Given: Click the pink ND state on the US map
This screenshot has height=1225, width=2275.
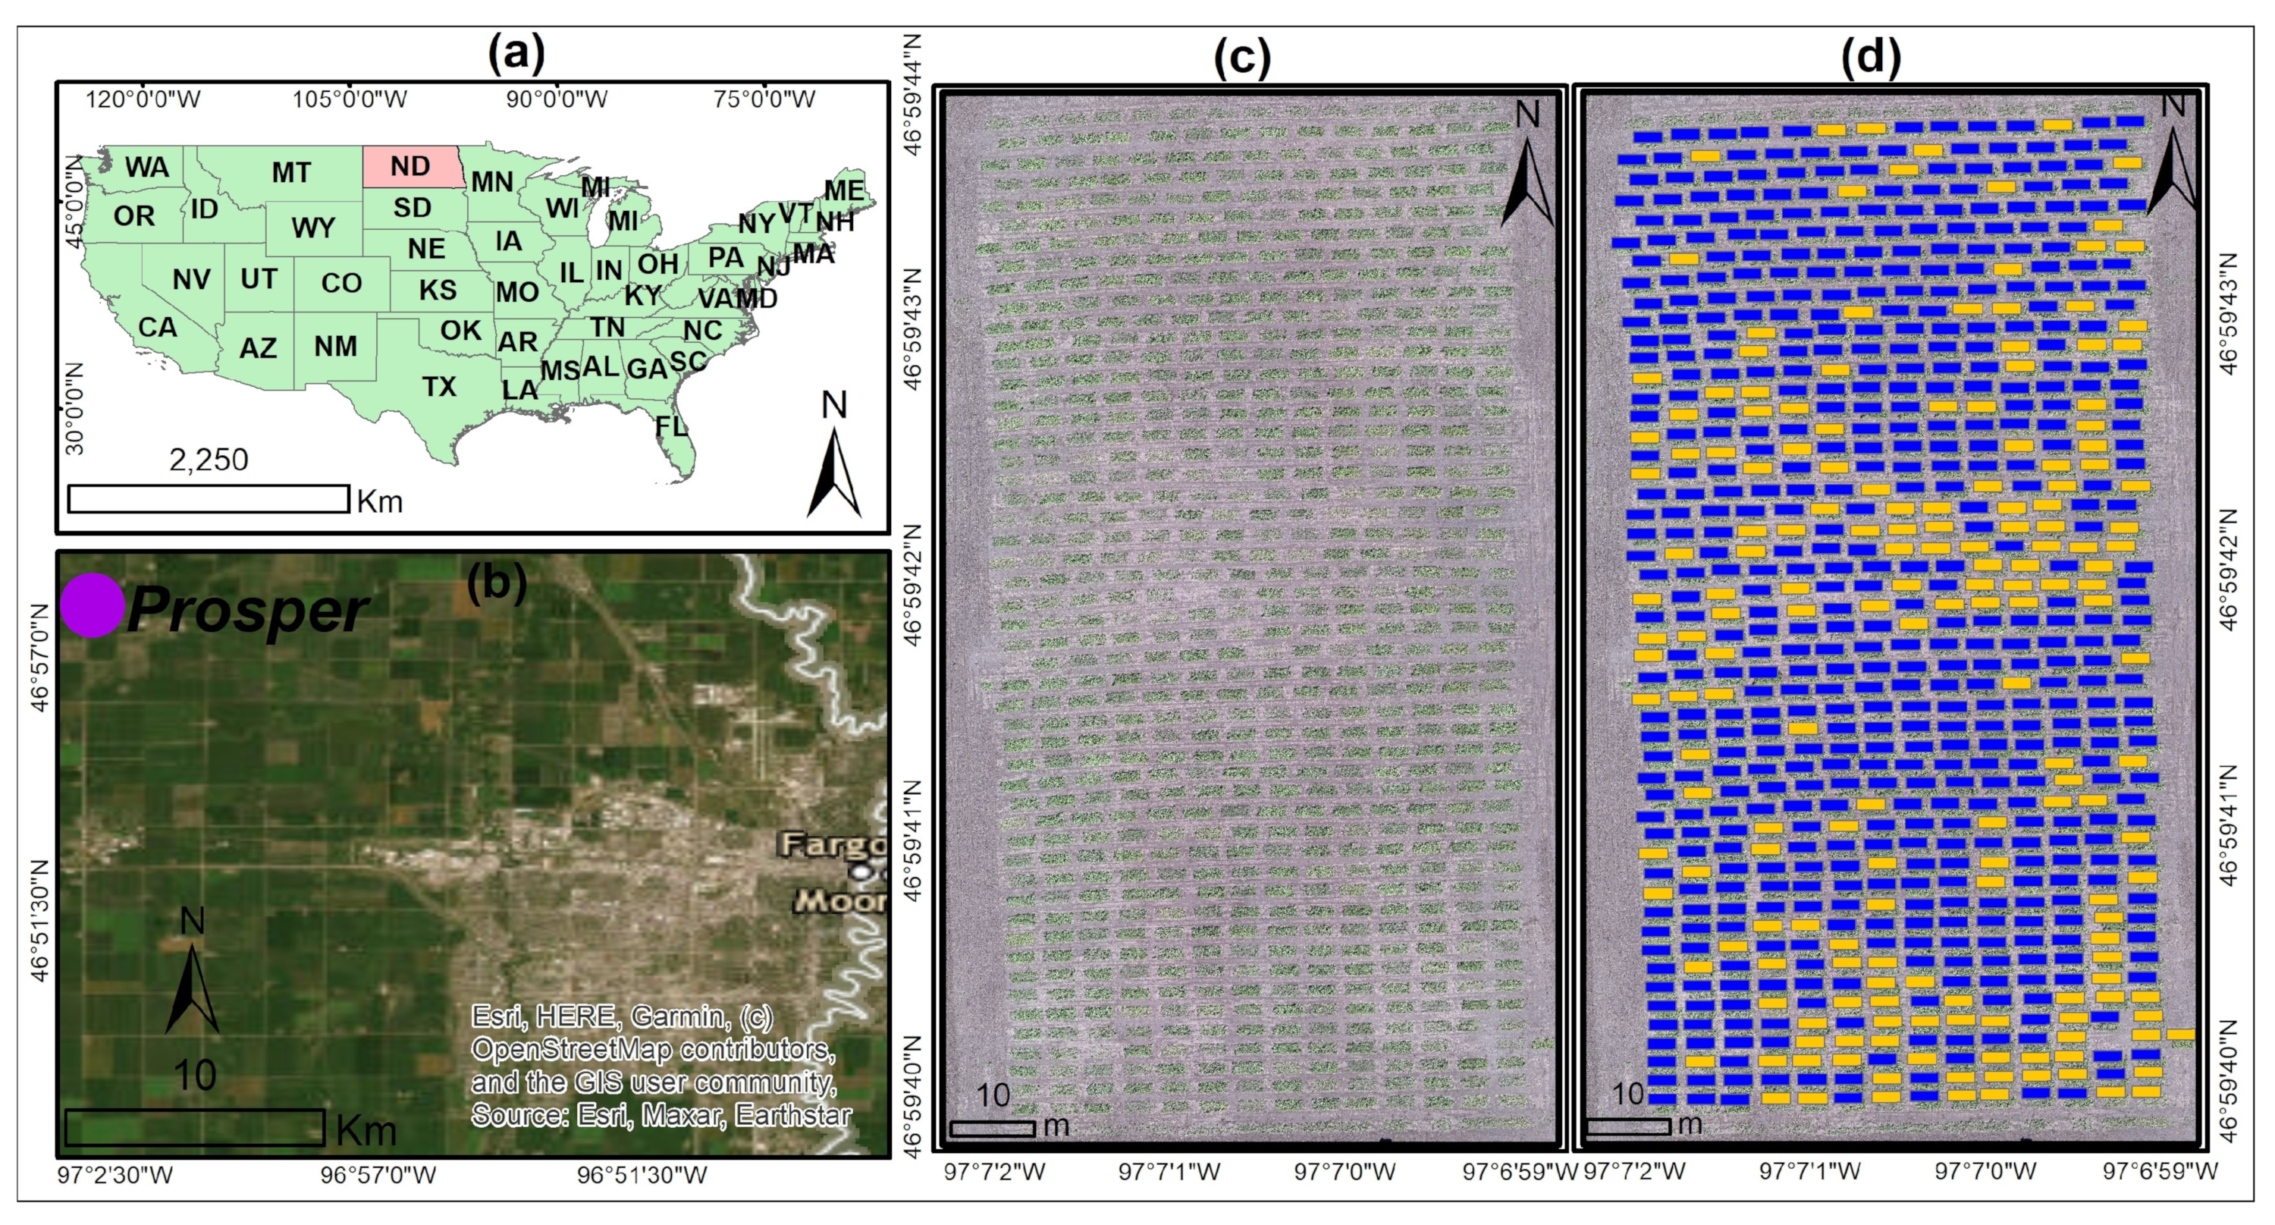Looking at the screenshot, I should click(x=412, y=166).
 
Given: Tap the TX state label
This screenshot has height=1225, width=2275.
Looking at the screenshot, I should click(x=439, y=386).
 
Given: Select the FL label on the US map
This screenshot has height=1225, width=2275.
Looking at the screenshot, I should click(x=671, y=426).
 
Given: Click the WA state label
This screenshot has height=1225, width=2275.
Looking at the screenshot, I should click(x=146, y=167).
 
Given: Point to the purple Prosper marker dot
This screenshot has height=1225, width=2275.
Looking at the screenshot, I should click(x=92, y=605).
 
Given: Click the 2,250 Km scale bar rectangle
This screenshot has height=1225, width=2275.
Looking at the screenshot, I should click(x=209, y=499).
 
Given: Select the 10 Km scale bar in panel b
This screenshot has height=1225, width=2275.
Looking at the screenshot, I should click(x=194, y=1128).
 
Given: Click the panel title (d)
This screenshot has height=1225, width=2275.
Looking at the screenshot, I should click(x=1871, y=57).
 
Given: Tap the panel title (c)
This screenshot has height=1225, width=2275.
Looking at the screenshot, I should click(x=1241, y=57).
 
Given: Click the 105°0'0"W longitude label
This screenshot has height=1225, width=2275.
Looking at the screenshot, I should click(x=350, y=99).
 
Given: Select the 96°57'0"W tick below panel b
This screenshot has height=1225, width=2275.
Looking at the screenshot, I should click(x=378, y=1176).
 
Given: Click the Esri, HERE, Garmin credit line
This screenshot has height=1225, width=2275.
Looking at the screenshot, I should click(x=623, y=1016).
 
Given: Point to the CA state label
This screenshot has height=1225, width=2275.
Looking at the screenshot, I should click(x=157, y=327).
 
